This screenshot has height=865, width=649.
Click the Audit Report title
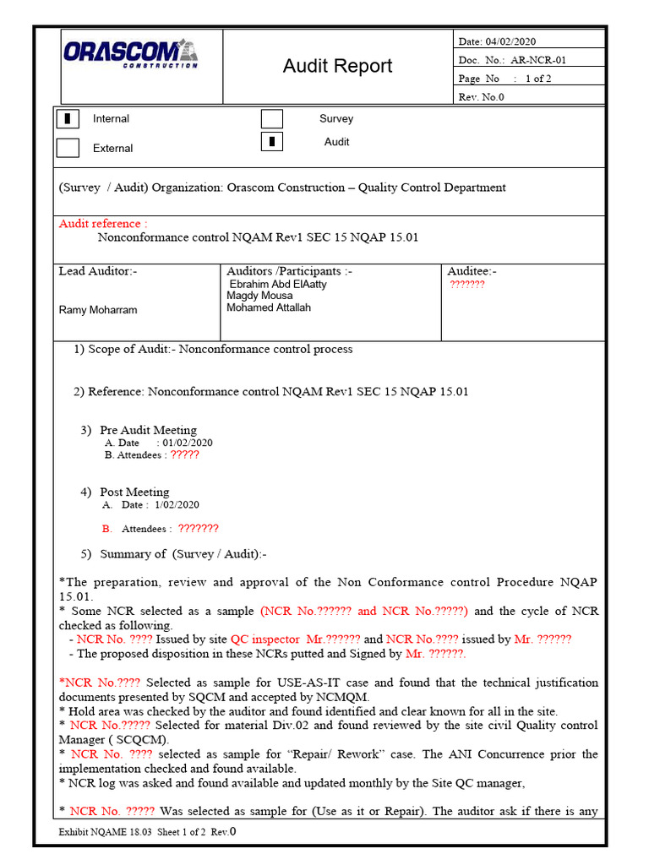click(337, 66)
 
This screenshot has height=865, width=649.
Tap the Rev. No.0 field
click(481, 97)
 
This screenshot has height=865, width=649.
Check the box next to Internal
click(68, 119)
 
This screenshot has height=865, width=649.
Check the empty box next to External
click(68, 148)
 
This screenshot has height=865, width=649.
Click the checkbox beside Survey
click(271, 119)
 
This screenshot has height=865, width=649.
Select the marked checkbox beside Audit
click(271, 142)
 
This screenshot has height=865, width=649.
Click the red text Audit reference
click(102, 224)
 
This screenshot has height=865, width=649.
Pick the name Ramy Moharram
click(98, 310)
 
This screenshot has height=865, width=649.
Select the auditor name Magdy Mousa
click(259, 296)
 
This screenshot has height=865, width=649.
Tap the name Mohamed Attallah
click(268, 307)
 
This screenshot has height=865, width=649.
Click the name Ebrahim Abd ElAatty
click(278, 285)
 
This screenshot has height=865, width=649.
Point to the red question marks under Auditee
click(466, 285)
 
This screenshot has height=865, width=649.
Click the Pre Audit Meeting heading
click(148, 430)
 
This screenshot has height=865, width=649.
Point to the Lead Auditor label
click(97, 271)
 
